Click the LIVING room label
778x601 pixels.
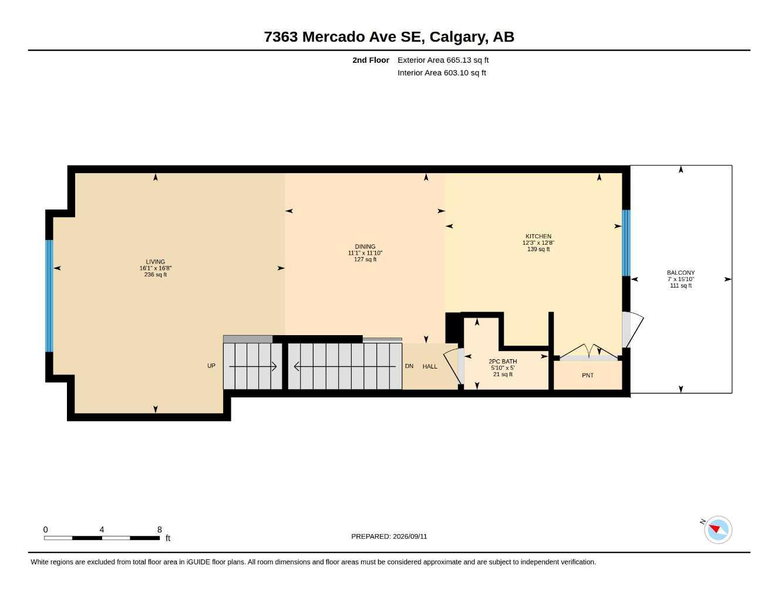(155, 262)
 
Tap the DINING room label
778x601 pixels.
(365, 247)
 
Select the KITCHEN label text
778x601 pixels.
(538, 236)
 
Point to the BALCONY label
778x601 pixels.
(681, 272)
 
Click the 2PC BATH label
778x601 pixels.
(503, 362)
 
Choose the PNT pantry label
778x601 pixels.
(588, 375)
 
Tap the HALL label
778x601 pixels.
(430, 366)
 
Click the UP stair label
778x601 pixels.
(211, 366)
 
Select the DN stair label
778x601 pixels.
(409, 366)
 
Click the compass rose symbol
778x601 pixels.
(718, 530)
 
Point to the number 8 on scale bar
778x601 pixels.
(159, 529)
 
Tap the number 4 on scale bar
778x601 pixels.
(102, 529)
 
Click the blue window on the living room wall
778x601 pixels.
(49, 296)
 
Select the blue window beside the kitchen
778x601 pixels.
(626, 243)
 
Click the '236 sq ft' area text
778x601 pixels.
(156, 275)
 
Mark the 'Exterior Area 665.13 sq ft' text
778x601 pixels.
(443, 60)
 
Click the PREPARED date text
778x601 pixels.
(389, 536)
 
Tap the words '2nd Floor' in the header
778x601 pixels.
(371, 60)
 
